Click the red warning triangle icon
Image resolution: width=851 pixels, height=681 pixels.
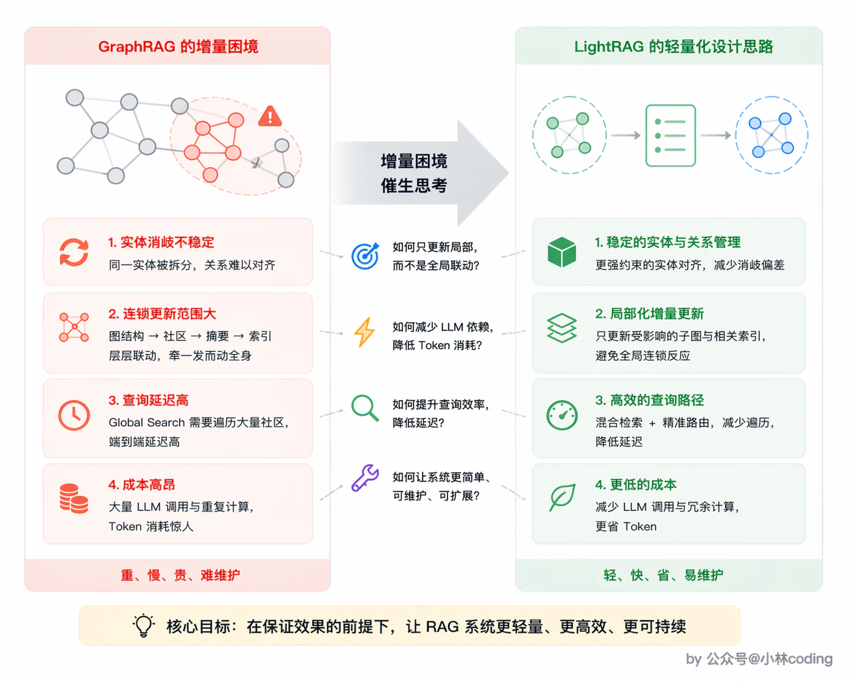[x=270, y=117]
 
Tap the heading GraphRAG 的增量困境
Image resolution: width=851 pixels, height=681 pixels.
[x=178, y=47]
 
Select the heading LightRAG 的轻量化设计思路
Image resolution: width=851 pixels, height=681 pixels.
[x=673, y=47]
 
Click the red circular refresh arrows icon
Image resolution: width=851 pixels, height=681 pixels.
[x=74, y=252]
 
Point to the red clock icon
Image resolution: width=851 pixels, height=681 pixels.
[x=74, y=415]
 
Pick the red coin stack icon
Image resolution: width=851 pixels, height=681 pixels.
[x=74, y=498]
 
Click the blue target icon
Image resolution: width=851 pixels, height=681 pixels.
[x=365, y=256]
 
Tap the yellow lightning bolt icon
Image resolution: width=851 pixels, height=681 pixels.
[x=364, y=332]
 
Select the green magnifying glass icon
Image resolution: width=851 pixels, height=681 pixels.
[x=365, y=408]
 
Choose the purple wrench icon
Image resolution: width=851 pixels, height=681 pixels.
[x=365, y=478]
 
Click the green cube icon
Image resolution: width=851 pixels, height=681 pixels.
[x=561, y=252]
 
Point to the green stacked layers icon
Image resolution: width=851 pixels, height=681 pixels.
[x=561, y=328]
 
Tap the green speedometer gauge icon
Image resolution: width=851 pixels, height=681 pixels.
[x=561, y=415]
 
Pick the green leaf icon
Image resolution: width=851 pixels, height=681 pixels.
[x=562, y=497]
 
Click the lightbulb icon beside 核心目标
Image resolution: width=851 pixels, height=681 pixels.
[x=144, y=626]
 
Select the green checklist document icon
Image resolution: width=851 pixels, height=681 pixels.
[x=670, y=135]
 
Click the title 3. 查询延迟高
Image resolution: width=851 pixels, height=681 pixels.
[x=148, y=400]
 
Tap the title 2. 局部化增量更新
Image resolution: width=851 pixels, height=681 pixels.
[x=649, y=314]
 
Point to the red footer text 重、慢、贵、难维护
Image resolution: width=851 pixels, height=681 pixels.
[x=180, y=575]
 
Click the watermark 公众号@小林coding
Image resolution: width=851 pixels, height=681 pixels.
[x=769, y=659]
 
